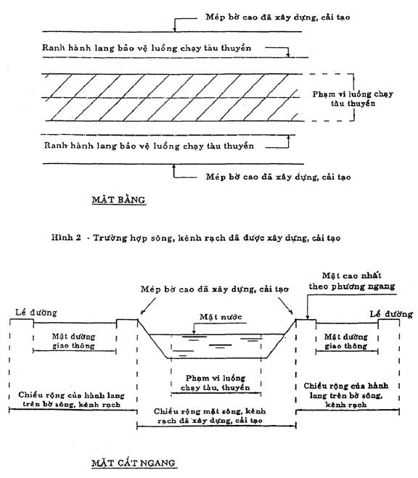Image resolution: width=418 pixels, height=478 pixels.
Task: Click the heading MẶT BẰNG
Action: tap(118, 200)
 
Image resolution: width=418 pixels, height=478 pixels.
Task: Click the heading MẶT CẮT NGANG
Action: tap(134, 463)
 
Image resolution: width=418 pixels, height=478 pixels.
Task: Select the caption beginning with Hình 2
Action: tap(196, 238)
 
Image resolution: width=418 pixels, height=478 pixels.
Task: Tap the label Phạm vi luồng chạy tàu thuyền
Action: tap(353, 99)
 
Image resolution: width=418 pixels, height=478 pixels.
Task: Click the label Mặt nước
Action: tap(221, 317)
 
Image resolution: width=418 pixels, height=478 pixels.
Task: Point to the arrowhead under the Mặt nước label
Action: tap(194, 333)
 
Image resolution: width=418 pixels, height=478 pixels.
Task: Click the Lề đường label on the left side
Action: tap(36, 313)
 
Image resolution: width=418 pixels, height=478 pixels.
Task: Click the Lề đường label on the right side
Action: tap(391, 314)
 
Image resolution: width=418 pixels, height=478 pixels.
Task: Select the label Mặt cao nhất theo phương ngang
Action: tap(352, 281)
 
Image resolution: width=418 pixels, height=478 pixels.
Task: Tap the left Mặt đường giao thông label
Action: tap(74, 341)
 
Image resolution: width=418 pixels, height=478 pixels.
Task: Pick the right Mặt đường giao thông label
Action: tap(345, 342)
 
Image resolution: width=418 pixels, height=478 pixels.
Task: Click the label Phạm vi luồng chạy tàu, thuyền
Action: tap(216, 383)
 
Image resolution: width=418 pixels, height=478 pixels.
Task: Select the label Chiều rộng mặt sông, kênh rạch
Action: tap(210, 416)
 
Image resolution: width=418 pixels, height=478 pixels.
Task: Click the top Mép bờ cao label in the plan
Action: tap(278, 17)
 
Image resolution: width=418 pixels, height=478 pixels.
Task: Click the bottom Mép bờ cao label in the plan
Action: tap(278, 177)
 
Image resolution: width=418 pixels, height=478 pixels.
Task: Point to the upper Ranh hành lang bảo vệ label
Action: tap(147, 48)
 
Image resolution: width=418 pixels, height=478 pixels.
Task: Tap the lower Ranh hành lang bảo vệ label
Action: tap(149, 146)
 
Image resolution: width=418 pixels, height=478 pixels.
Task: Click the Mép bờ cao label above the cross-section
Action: tap(214, 289)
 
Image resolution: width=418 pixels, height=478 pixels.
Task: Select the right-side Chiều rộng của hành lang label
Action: tap(346, 395)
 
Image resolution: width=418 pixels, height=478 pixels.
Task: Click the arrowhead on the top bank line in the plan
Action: tap(175, 29)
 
